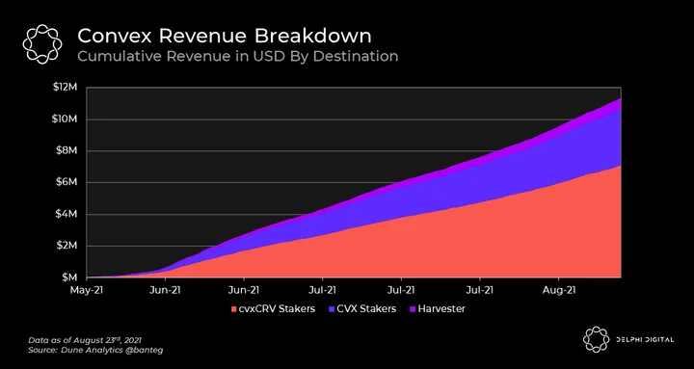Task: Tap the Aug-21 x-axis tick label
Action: pyautogui.click(x=558, y=290)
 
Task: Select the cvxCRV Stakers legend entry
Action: pyautogui.click(x=273, y=309)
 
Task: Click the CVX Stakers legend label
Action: pyautogui.click(x=361, y=309)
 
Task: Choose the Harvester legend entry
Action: pyautogui.click(x=436, y=309)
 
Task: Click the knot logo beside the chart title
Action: pyautogui.click(x=42, y=44)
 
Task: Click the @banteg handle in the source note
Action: pyautogui.click(x=150, y=351)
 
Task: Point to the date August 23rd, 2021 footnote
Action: pyautogui.click(x=105, y=341)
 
